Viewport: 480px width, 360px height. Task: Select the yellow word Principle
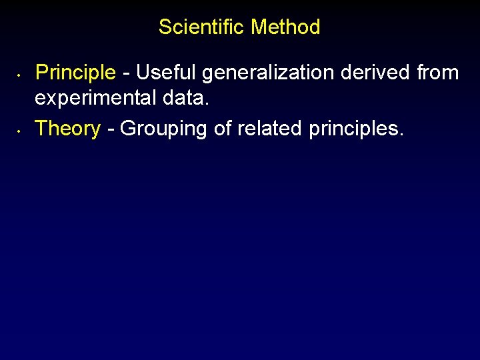(x=75, y=72)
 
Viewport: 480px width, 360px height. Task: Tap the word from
(x=438, y=72)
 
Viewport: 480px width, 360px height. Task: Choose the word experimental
(x=95, y=98)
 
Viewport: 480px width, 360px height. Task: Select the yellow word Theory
(x=67, y=128)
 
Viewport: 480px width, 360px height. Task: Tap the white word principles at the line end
(x=353, y=128)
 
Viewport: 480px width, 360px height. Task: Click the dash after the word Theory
(x=109, y=129)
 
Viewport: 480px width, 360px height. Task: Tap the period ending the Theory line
(x=401, y=133)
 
